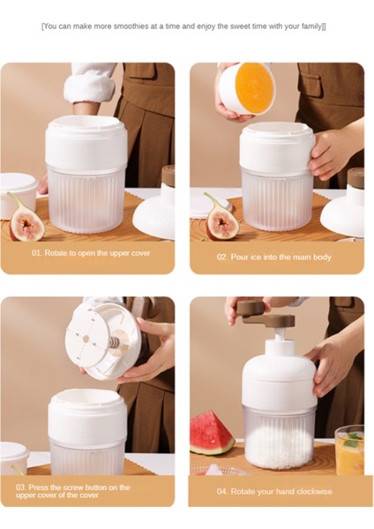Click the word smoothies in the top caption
coord(131,26)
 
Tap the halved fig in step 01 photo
coord(26,218)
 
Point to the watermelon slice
coord(212,433)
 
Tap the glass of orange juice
coord(349,450)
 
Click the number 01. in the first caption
coord(37,253)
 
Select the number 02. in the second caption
coord(222,257)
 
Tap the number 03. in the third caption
coord(21,488)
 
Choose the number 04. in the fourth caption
coord(222,491)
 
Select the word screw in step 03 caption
coord(71,488)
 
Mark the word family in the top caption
coord(310,26)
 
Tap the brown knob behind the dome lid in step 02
coord(356,177)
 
